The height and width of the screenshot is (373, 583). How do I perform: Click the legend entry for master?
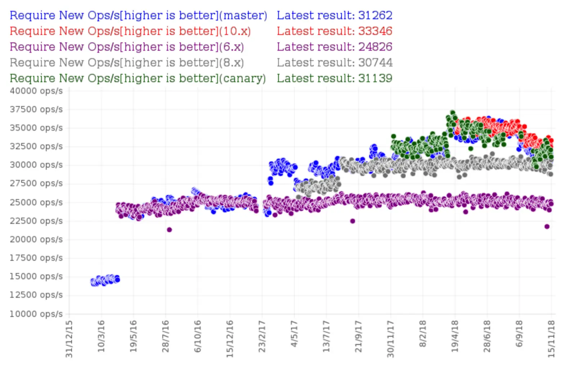pos(138,15)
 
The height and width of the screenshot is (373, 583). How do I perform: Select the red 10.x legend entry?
pos(130,31)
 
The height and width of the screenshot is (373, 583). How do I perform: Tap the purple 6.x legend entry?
pos(127,47)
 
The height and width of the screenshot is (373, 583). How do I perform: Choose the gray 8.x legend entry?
pos(127,63)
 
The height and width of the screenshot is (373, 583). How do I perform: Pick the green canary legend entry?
pos(137,78)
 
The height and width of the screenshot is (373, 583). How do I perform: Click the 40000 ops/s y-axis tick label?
pos(36,91)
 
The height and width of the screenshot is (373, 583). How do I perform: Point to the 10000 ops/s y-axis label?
pos(36,314)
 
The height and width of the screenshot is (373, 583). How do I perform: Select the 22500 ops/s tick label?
pos(36,221)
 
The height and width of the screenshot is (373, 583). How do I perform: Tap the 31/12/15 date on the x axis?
pos(69,339)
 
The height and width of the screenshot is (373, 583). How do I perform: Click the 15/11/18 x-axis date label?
pos(551,339)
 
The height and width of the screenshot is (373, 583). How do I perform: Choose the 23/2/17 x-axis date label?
pos(262,337)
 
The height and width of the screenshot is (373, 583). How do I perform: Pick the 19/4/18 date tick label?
pos(455,337)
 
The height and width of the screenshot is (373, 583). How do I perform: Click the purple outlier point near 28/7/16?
pos(169,229)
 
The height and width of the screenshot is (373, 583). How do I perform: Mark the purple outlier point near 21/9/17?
pos(353,221)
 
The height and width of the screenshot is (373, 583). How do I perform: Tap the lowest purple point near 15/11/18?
pos(547,226)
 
